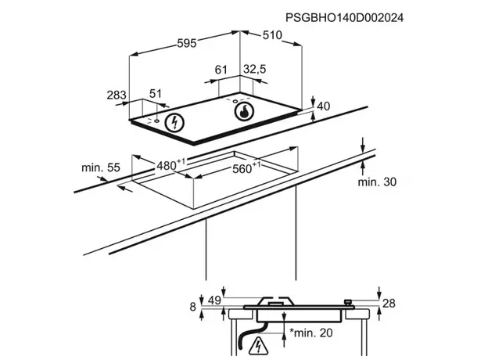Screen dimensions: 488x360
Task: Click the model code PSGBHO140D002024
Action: pos(344,18)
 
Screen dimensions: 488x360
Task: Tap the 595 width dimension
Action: pos(187,43)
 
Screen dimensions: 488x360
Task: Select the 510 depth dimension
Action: pos(272,35)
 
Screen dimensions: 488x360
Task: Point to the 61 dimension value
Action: pos(221,70)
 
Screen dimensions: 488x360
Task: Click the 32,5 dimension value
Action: pos(255,69)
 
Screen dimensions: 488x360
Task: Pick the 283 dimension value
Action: pos(117,95)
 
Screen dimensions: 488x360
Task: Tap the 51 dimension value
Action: pos(156,93)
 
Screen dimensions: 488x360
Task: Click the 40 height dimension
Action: pos(323,106)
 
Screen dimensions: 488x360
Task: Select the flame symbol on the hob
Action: pos(244,111)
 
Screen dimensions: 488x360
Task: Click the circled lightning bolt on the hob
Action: pos(174,122)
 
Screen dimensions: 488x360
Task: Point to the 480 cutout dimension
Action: pos(170,165)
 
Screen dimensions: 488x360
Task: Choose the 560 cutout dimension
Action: pos(246,167)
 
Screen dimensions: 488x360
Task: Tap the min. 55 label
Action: pos(101,167)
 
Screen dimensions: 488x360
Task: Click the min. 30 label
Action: pos(377,182)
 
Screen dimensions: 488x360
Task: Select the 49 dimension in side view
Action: pos(214,301)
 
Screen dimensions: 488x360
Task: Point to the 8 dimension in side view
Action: pos(193,307)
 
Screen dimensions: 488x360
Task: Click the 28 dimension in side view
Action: pos(389,303)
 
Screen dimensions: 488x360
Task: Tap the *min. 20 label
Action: pos(311,333)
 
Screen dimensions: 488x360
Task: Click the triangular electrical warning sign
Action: pos(258,346)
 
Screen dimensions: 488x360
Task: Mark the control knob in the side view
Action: pos(348,302)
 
